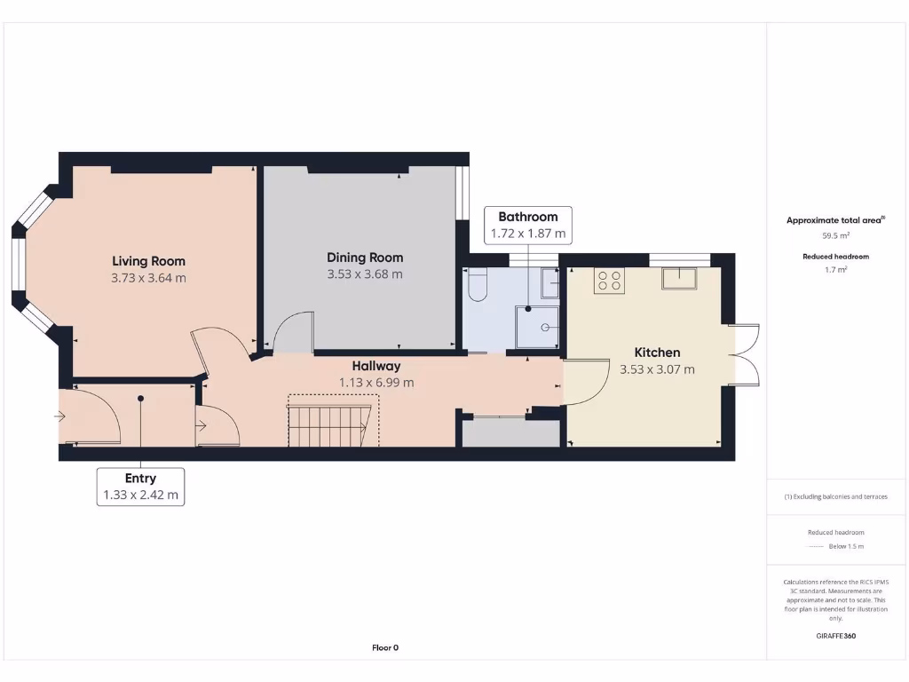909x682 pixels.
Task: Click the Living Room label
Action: pos(148,261)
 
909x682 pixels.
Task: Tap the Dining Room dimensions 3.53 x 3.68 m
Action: pos(365,274)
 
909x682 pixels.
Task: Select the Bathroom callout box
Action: pos(527,226)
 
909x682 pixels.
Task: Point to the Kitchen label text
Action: pos(657,353)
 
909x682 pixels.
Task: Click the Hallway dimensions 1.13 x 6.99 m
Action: pos(376,383)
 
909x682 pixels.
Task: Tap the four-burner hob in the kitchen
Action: pos(609,281)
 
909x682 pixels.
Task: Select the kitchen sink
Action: pos(678,279)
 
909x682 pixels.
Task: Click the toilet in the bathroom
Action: pos(478,285)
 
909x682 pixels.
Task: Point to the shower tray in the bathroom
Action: pos(537,326)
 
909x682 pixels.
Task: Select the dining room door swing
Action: pos(292,331)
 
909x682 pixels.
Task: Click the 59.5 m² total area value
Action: pos(835,236)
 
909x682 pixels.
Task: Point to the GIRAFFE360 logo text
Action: pos(835,636)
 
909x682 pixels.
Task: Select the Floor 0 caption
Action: pos(384,647)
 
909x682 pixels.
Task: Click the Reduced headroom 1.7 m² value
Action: pos(835,269)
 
